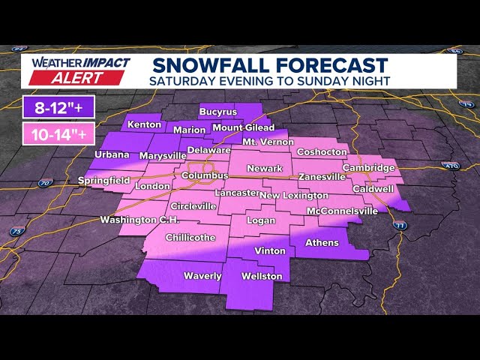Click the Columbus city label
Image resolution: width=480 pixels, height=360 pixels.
point(205,175)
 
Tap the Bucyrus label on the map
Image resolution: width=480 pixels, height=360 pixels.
point(218,112)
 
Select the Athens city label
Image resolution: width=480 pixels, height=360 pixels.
point(322,242)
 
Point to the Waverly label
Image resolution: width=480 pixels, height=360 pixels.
point(202,276)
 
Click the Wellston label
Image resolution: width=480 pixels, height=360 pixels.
point(262,276)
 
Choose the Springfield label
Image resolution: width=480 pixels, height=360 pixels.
point(104,181)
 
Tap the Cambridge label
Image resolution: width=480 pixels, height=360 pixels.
point(368,168)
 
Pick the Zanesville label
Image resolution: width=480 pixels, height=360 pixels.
point(322,177)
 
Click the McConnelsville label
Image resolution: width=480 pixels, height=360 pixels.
point(343,211)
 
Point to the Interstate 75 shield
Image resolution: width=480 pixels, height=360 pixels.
point(16,232)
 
